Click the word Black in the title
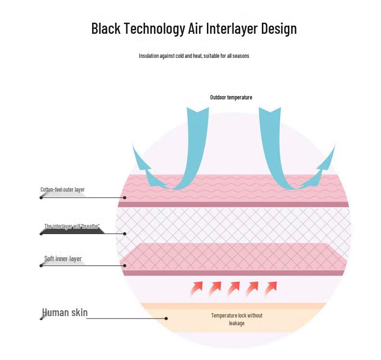point(106,28)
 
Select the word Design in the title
point(279,28)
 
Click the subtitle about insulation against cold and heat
point(194,56)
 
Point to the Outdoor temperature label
point(231,97)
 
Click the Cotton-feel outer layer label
point(62,189)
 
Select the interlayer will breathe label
point(72,226)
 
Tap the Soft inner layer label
point(63,259)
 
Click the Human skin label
point(65,312)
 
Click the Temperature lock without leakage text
point(237,319)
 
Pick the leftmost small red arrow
point(196,288)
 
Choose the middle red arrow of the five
point(234,288)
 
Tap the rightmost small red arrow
point(271,288)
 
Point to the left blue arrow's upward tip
point(133,145)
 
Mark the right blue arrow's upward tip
point(335,145)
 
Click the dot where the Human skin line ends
point(166,318)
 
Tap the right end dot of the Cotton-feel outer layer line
point(124,198)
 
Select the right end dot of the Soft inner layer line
point(124,266)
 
